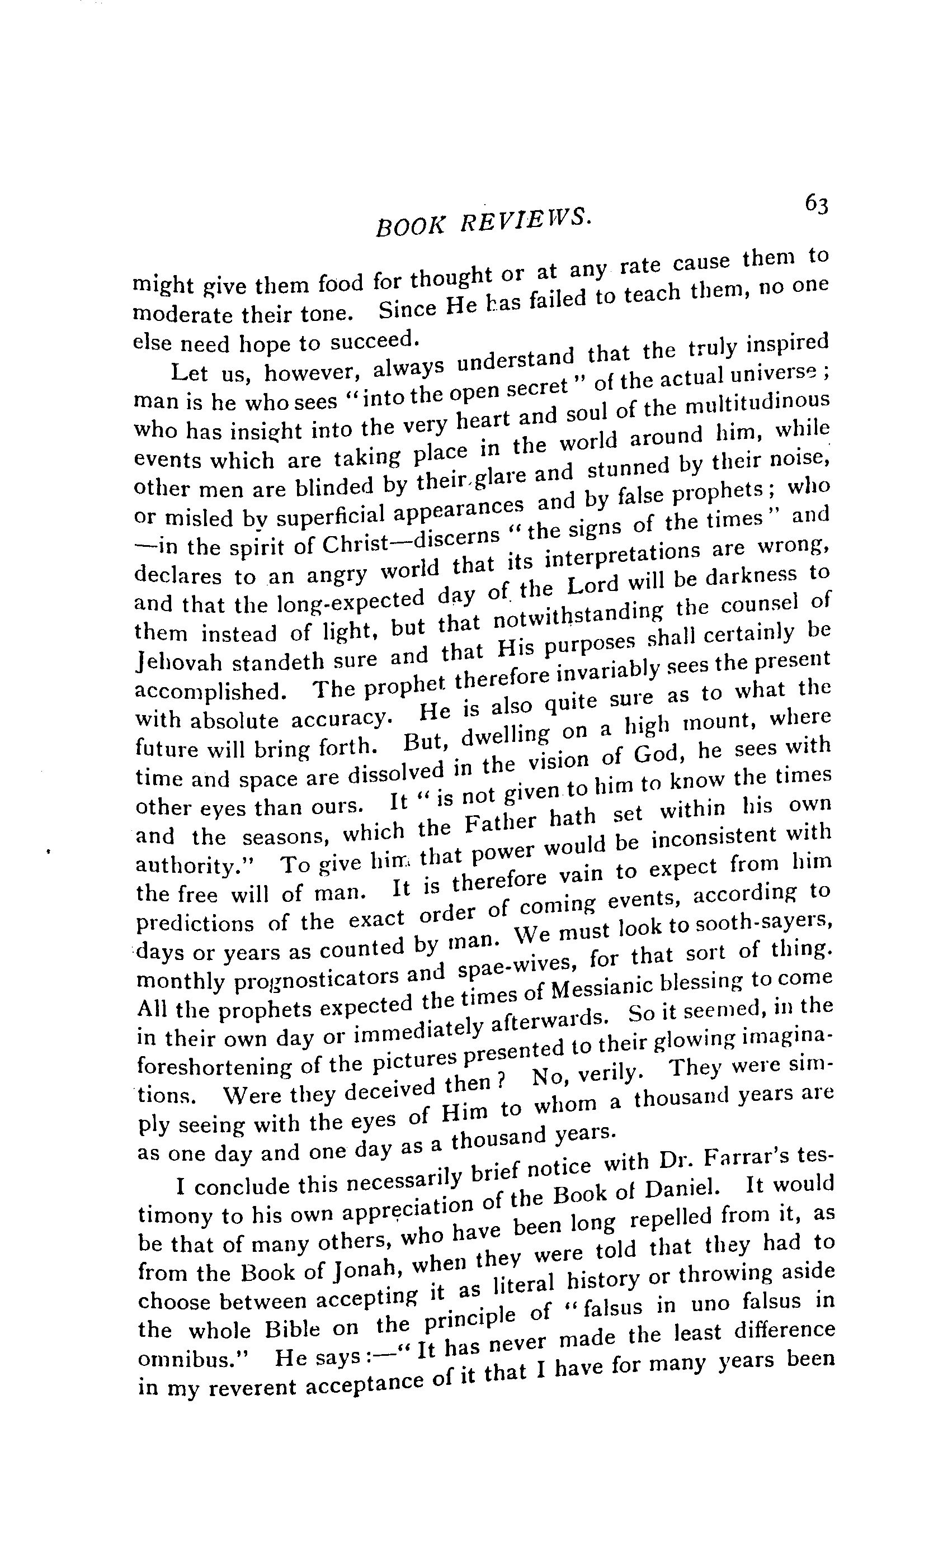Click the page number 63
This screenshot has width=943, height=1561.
816,205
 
